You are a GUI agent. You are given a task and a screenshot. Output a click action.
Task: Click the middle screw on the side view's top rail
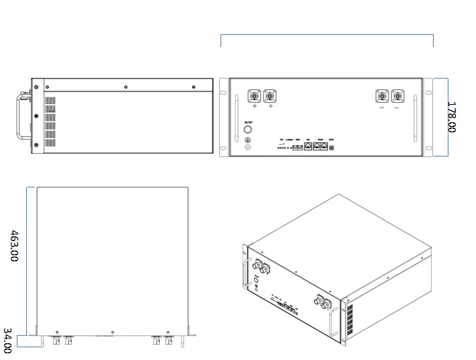tap(126, 86)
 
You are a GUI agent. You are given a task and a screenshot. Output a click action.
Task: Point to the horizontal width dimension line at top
tap(327, 34)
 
